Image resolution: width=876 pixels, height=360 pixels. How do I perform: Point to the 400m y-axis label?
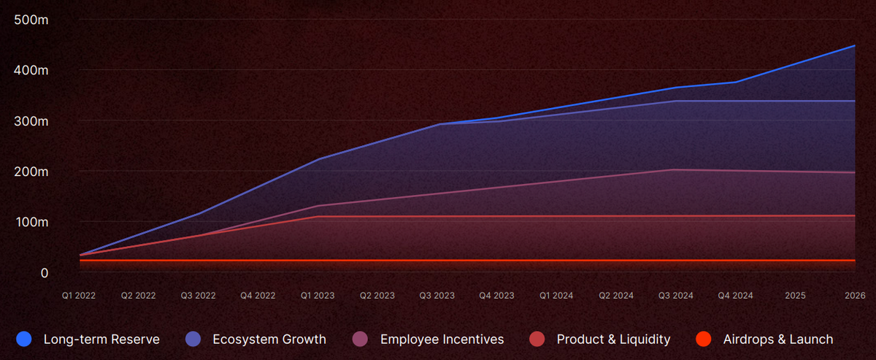click(31, 70)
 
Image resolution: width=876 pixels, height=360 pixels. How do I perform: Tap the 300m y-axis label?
click(31, 120)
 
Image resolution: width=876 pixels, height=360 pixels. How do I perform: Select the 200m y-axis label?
click(31, 172)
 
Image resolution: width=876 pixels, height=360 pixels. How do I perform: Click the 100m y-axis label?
click(31, 221)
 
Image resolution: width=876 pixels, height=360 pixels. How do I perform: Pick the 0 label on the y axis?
click(44, 272)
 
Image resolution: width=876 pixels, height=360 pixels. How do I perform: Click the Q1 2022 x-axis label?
click(79, 296)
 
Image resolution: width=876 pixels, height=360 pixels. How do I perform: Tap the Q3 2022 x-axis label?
click(199, 296)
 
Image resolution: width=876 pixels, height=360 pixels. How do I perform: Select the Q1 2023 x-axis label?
click(318, 296)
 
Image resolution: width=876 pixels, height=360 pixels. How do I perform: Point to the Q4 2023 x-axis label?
click(496, 296)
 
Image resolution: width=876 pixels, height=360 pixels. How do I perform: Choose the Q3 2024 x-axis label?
click(675, 296)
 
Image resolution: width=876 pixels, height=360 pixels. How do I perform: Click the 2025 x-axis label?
click(795, 296)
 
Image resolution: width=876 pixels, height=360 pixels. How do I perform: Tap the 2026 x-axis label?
click(855, 296)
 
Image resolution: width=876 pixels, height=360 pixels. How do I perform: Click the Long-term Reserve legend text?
click(101, 339)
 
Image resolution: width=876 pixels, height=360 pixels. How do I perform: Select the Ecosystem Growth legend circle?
click(193, 339)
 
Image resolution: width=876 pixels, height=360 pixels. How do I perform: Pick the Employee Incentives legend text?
click(442, 339)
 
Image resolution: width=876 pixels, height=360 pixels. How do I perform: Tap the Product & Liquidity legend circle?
click(537, 339)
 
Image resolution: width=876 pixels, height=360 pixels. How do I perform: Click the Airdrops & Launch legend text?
click(777, 339)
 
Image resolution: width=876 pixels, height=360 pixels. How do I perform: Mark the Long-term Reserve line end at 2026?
click(855, 45)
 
